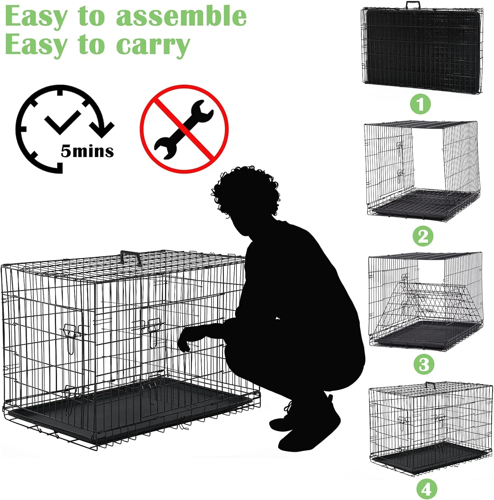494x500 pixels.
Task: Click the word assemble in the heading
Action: [x=181, y=16]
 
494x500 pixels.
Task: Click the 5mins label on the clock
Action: [x=87, y=151]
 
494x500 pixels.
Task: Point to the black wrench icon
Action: [x=184, y=129]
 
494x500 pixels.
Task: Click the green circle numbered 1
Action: [x=420, y=104]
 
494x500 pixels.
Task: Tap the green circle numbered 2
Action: [x=423, y=236]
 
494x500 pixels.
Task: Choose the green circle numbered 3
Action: [x=424, y=364]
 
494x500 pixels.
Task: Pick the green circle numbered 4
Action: [x=426, y=489]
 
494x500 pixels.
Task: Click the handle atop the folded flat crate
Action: [x=413, y=5]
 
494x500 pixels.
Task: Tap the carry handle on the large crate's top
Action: [x=131, y=257]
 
